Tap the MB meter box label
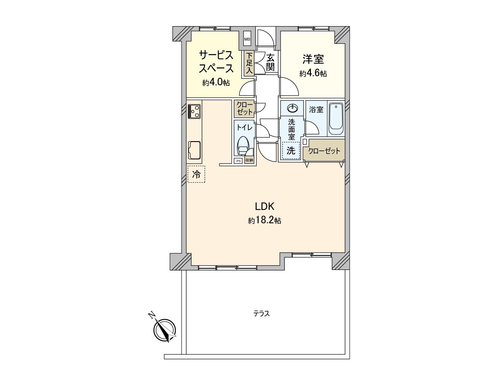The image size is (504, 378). pos(247,39)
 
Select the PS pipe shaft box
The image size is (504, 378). pos(238,161)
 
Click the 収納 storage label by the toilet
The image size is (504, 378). pos(249,160)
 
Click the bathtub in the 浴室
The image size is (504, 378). pos(336,119)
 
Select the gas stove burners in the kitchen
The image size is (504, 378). pos(194,111)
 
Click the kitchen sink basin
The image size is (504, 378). pos(194,150)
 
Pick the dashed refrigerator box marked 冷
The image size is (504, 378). pos(196,174)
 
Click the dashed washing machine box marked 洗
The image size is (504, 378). pos(291,151)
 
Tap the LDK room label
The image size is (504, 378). pos(265,207)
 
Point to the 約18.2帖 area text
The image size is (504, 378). pos(265,220)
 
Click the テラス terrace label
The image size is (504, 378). pos(262,314)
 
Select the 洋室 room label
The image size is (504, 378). pos(313,59)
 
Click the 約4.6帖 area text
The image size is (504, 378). pos(313,74)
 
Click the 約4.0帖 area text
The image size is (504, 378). pos(216,83)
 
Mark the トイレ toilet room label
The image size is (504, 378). pos(244,128)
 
